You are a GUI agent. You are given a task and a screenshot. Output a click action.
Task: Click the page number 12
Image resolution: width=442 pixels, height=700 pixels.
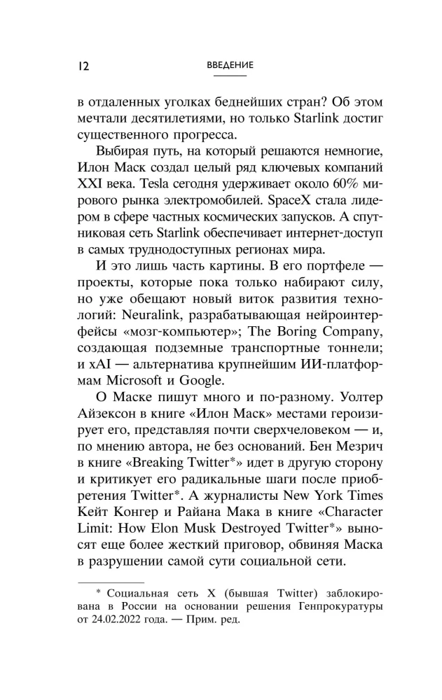click(79, 66)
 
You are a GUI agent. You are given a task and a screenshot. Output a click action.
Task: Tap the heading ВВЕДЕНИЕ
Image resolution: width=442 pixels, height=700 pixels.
click(230, 65)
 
